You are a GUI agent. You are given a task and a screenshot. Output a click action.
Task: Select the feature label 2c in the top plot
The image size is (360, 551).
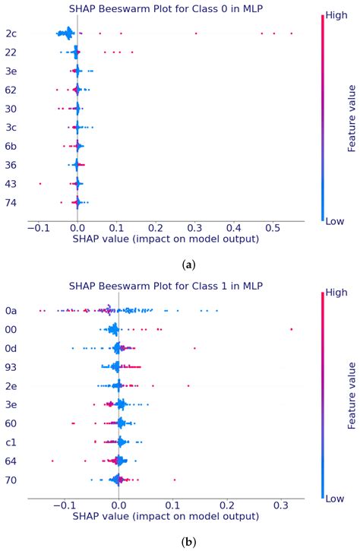pos(10,33)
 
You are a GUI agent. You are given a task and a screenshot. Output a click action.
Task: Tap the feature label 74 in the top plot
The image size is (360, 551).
pos(10,202)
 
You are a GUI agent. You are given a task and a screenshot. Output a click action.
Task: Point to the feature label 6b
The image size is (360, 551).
pos(10,146)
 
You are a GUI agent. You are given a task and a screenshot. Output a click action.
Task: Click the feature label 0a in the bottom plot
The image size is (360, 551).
pos(10,310)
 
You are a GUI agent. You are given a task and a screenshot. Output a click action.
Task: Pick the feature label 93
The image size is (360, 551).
pos(10,366)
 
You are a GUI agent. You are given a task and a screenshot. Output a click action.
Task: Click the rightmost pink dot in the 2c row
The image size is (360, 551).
pos(291,33)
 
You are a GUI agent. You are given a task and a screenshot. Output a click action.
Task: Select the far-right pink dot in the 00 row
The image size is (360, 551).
pos(291,329)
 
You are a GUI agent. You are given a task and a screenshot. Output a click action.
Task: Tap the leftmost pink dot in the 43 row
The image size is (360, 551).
pos(40,183)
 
